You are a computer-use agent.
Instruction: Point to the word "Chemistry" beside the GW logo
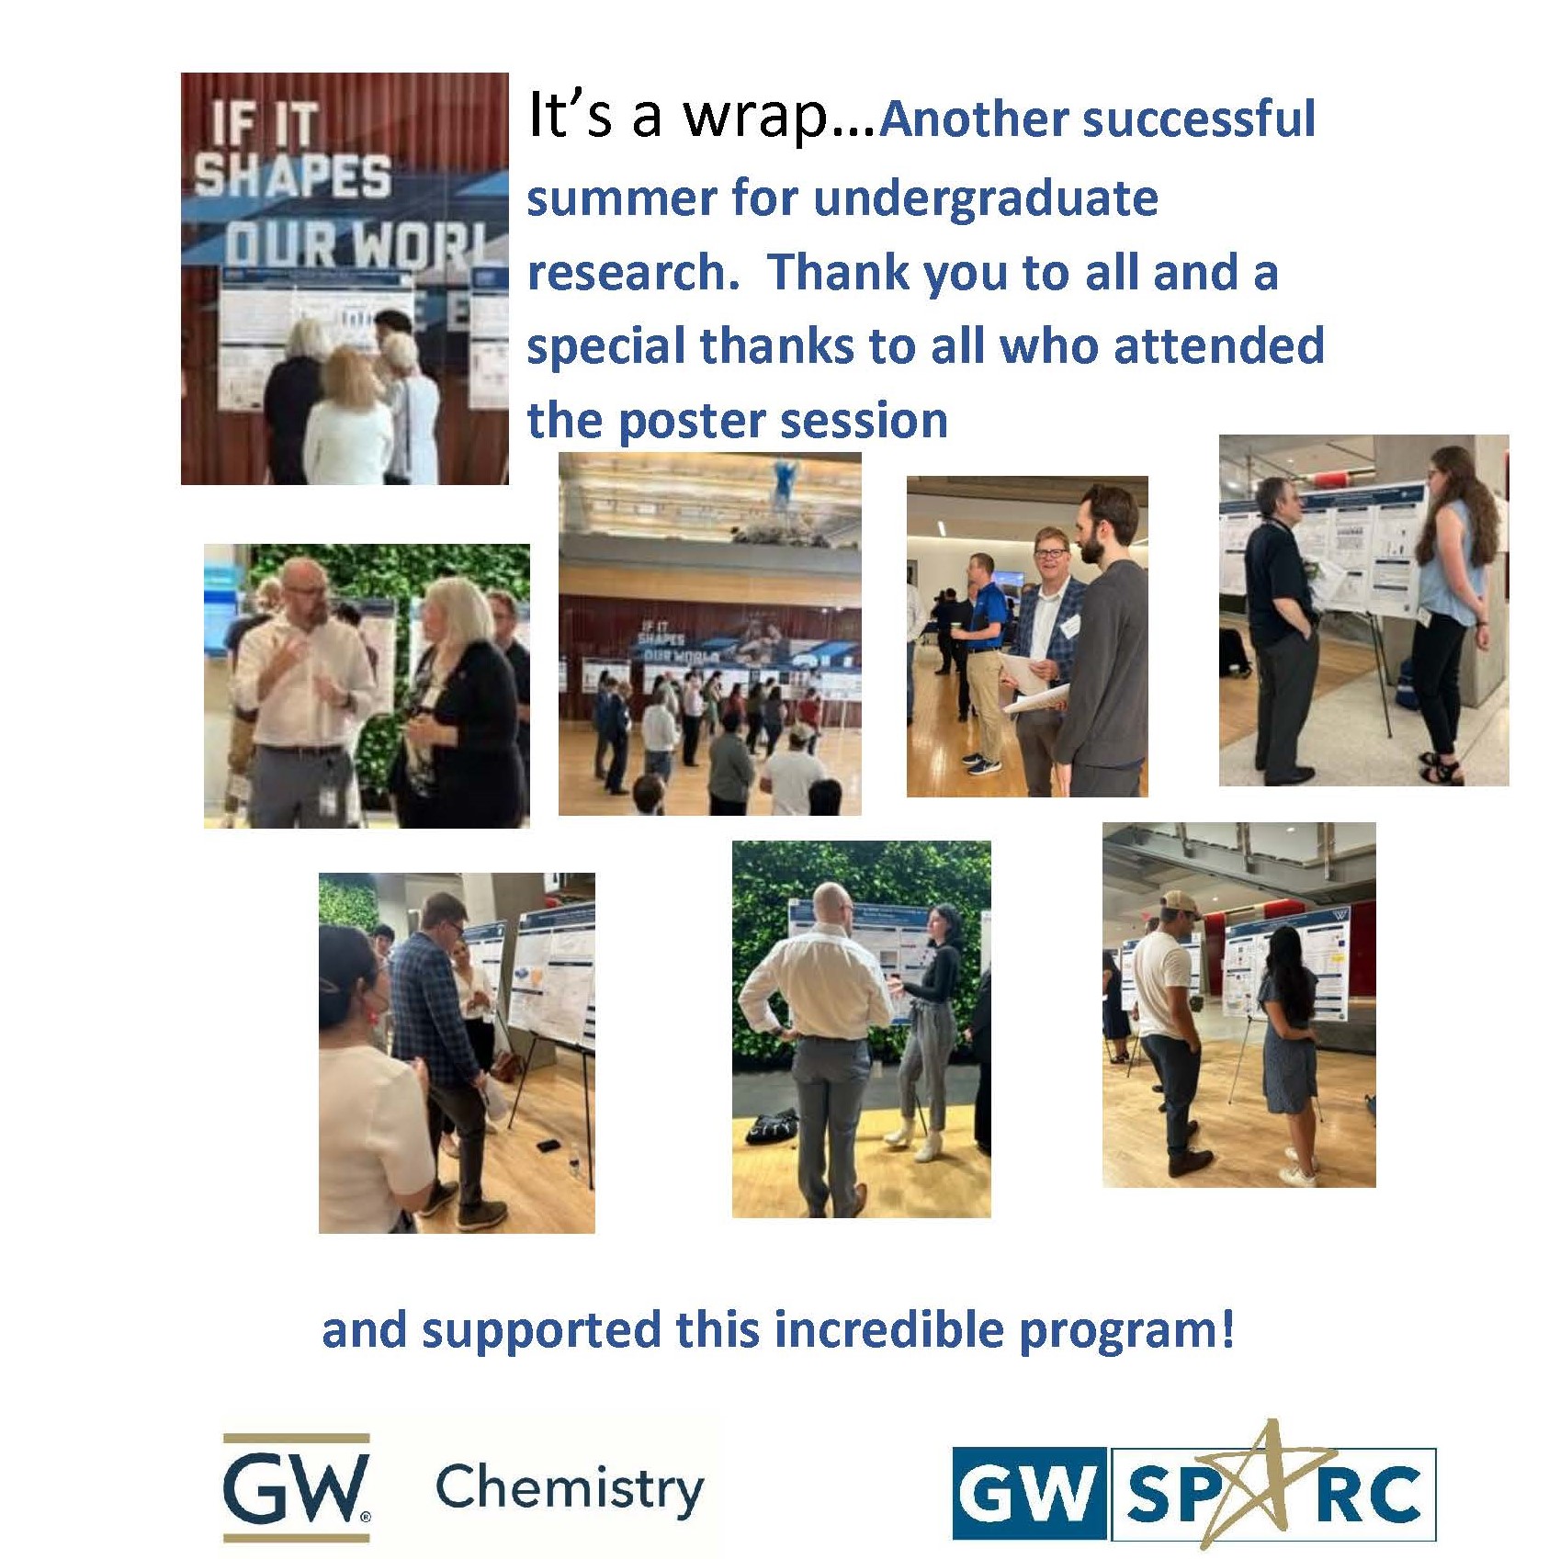coord(570,1488)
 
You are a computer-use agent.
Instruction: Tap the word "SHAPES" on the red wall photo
coord(292,176)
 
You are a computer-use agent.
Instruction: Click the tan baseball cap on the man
coord(1179,903)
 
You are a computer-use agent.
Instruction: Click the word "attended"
coord(1218,347)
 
